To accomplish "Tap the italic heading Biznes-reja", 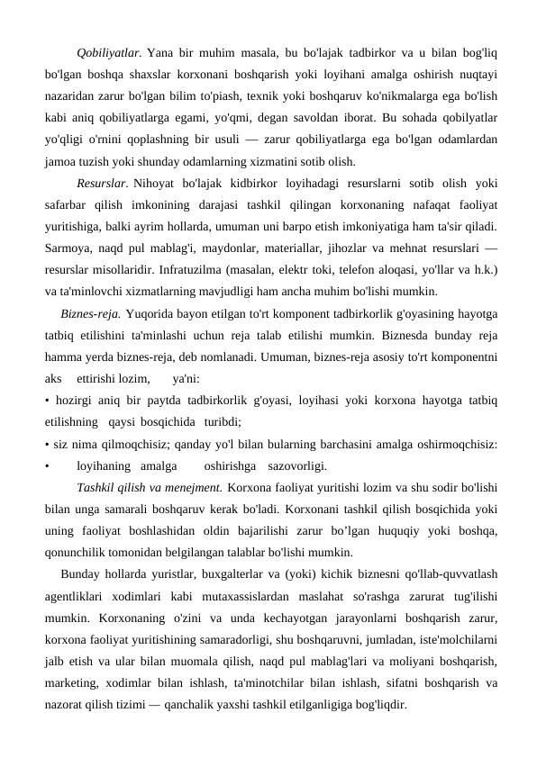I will (x=91, y=314).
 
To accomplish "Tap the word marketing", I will (x=73, y=662).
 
